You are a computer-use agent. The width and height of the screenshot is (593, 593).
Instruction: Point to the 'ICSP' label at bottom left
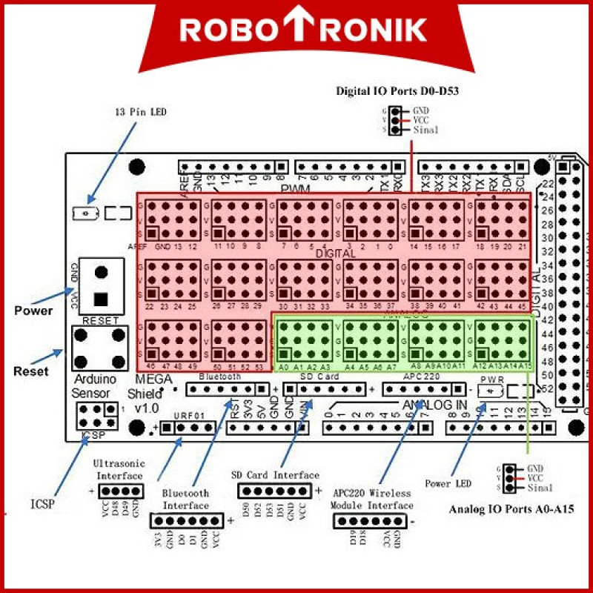[42, 505]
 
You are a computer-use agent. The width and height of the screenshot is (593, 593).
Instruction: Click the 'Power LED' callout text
[448, 484]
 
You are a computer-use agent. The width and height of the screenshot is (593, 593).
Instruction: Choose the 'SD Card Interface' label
[275, 475]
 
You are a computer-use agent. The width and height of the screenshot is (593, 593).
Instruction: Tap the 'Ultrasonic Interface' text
[119, 469]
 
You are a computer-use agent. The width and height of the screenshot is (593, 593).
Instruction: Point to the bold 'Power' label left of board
[33, 311]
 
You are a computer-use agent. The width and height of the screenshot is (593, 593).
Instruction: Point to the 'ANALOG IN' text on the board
[435, 405]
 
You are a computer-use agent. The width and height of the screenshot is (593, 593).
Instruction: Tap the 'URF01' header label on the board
[188, 417]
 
